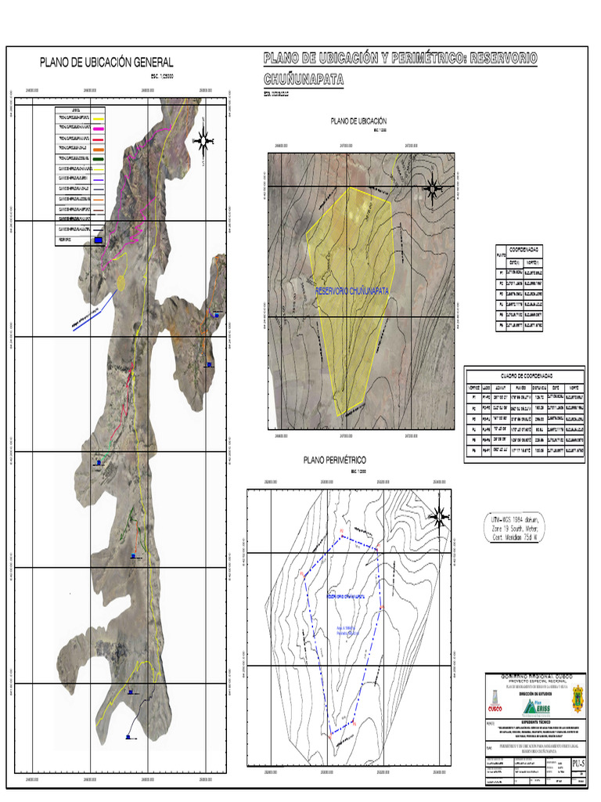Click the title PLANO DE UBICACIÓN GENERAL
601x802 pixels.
tap(106, 63)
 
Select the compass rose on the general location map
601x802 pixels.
tap(203, 140)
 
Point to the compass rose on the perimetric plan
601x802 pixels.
tap(440, 515)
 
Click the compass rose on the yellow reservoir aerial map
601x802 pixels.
tap(432, 189)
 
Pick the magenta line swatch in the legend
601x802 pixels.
tap(83, 126)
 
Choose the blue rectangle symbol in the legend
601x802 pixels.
tap(98, 240)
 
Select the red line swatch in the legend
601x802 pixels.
tap(83, 137)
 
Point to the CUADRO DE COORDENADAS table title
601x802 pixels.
tap(524, 374)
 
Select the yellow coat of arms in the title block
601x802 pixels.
tap(578, 699)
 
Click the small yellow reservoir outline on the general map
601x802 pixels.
tap(122, 281)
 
